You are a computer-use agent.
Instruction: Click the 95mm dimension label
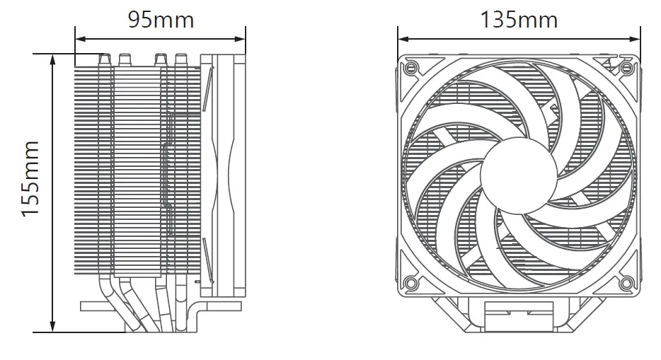[161, 19]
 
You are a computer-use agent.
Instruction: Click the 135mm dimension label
[519, 19]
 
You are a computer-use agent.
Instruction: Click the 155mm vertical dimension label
[30, 179]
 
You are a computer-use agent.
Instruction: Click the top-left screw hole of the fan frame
[410, 69]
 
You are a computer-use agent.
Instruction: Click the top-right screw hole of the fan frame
[627, 68]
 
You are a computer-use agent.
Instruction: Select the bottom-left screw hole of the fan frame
[410, 284]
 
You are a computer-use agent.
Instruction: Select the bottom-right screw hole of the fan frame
[626, 284]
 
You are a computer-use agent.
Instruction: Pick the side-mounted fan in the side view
[223, 173]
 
